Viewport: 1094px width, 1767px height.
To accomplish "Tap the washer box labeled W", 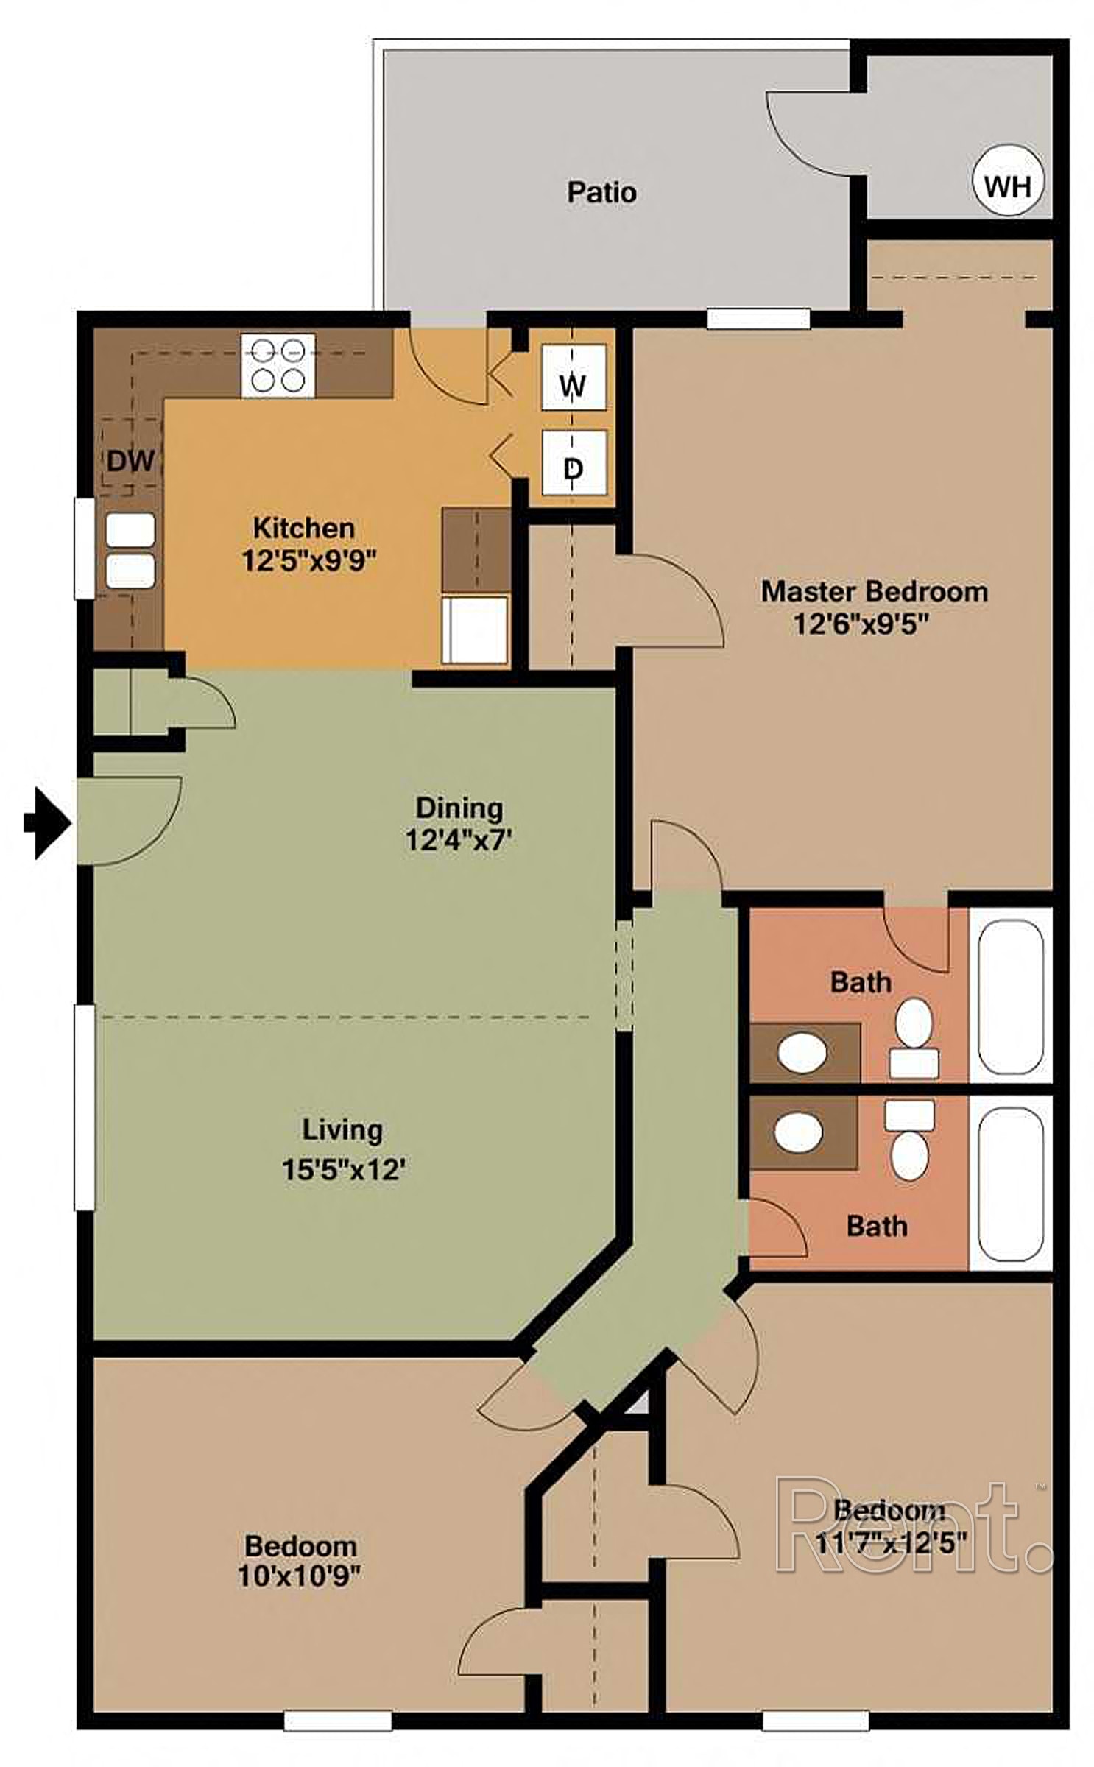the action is point(574,377).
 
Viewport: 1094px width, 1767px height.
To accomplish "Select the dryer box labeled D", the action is point(574,462).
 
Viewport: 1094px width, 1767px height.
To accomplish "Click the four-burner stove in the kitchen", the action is point(278,365).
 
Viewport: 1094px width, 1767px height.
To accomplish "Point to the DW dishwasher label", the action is point(130,461).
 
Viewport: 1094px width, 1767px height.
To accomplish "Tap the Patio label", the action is point(601,192).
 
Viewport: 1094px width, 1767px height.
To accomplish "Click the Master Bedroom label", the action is point(874,591).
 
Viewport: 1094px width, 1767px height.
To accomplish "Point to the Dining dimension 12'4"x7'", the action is point(458,839).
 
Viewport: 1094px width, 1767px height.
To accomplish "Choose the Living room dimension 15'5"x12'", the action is point(344,1169).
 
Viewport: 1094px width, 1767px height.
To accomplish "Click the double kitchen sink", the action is point(130,550).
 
